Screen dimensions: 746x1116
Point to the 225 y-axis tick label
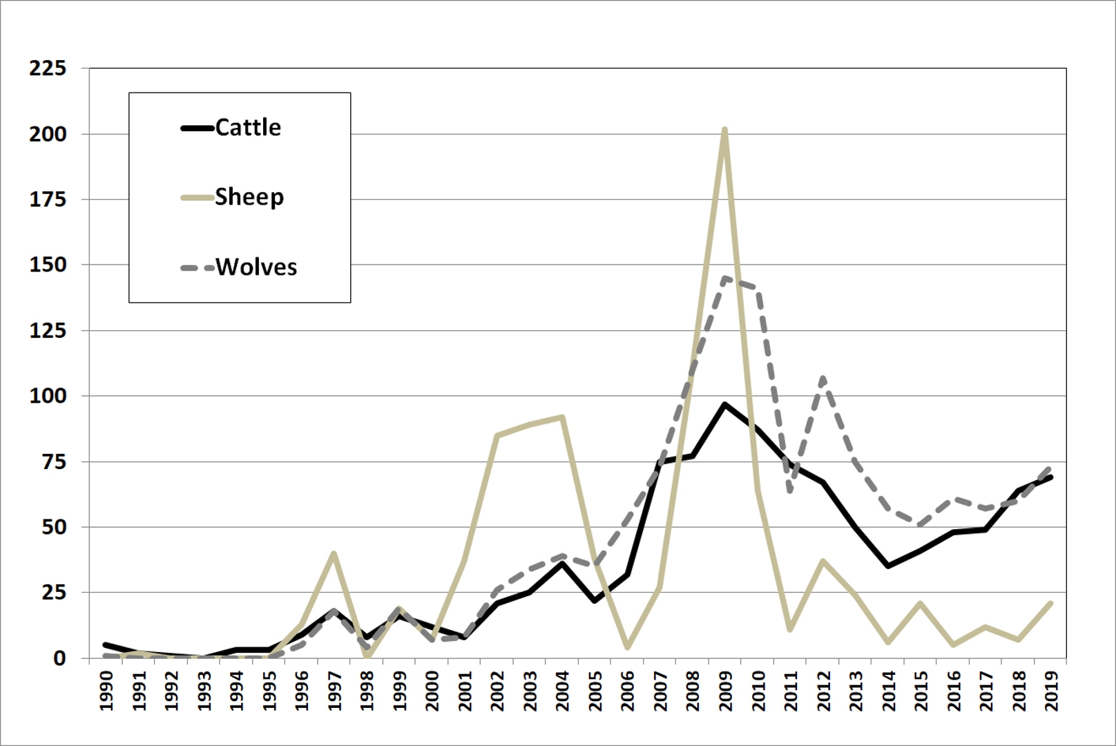click(48, 68)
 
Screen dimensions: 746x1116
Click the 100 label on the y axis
click(48, 396)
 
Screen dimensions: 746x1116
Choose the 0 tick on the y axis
click(59, 658)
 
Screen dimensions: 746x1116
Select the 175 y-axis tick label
click(48, 200)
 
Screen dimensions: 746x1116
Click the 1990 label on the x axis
click(106, 690)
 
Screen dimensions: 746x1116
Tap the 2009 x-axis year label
click(725, 690)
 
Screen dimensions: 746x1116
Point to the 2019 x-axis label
click(1051, 690)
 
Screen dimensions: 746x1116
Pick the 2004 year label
click(562, 690)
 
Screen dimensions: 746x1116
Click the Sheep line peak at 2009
click(724, 130)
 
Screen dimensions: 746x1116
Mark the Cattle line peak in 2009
click(724, 404)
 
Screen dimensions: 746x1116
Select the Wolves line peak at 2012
click(822, 378)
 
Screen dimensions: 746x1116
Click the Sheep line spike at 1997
click(334, 553)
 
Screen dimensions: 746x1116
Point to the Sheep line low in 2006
click(627, 647)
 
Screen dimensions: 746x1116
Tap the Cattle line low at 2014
click(887, 566)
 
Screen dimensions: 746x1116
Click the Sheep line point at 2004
click(562, 417)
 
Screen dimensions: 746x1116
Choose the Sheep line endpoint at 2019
click(1050, 603)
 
